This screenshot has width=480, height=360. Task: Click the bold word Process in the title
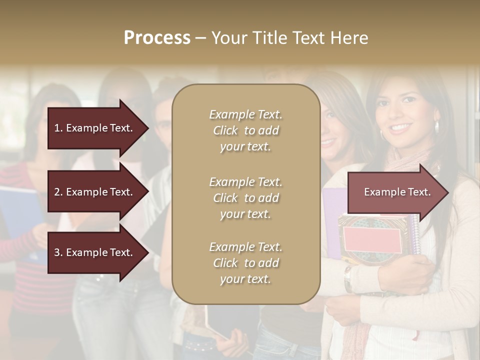pos(157,38)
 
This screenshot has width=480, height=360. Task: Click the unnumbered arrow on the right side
pos(395,192)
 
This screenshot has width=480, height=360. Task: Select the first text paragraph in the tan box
pos(245,130)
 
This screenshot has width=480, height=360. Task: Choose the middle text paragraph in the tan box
pos(245,198)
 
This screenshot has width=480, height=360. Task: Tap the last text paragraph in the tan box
pos(245,263)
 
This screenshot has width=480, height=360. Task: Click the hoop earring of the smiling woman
pos(436,127)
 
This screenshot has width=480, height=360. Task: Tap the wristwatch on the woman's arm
pos(347,278)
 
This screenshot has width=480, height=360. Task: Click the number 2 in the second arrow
pos(57,192)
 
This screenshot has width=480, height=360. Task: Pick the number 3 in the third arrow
pos(57,252)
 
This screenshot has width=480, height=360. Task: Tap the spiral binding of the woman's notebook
pos(415,235)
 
